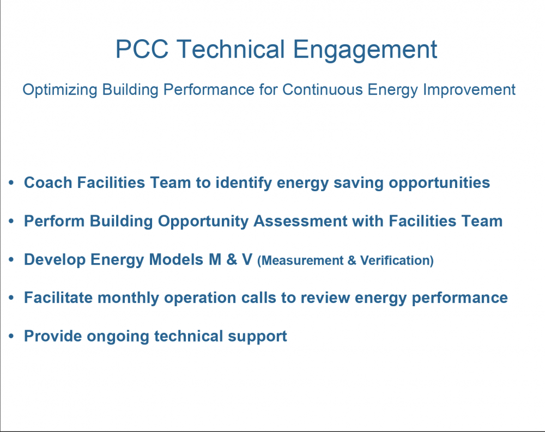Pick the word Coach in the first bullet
[48, 182]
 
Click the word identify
[244, 182]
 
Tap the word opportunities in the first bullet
[439, 184]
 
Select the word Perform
[55, 221]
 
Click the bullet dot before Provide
[12, 337]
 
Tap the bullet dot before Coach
[12, 183]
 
